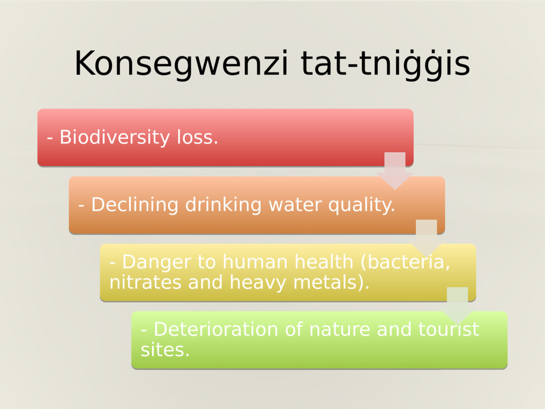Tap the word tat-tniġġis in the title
click(x=385, y=64)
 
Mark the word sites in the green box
click(x=165, y=350)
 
